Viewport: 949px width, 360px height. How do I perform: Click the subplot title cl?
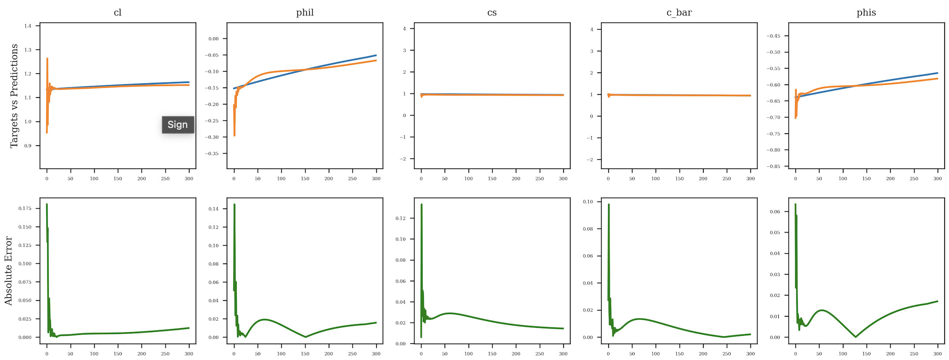117,12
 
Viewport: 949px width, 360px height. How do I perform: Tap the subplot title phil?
305,12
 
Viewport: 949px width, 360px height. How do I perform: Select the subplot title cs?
492,12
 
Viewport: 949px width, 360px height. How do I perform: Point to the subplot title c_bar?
679,12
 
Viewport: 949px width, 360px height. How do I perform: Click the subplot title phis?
866,12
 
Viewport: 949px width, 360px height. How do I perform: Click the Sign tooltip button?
178,124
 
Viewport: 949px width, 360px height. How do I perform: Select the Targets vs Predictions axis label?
14,95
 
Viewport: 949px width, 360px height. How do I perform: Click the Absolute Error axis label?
8,270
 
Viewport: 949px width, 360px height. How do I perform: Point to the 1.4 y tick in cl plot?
28,26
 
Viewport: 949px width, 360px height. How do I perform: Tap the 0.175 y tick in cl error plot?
25,208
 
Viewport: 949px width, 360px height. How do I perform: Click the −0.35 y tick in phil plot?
213,154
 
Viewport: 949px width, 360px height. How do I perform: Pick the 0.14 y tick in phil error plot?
213,209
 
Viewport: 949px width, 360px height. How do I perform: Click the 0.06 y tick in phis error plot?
775,212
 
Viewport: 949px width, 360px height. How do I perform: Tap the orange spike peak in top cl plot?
47,59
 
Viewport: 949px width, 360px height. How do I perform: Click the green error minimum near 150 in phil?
305,337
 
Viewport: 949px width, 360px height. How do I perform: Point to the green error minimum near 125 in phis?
856,337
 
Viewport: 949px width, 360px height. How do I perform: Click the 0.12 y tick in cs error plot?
400,218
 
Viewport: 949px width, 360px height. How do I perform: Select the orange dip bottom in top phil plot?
235,135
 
